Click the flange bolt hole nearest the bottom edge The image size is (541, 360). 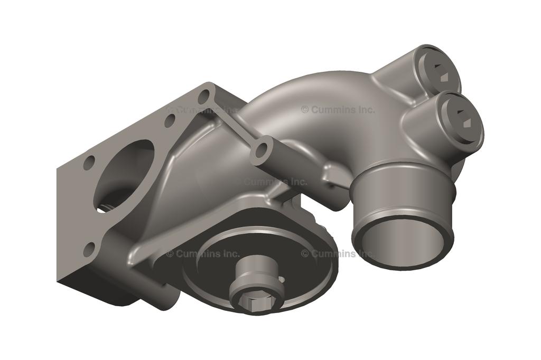90,248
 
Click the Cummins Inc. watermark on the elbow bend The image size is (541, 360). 338,110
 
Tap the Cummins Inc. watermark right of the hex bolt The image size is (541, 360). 338,253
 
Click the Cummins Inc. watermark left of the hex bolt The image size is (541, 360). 203,253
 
